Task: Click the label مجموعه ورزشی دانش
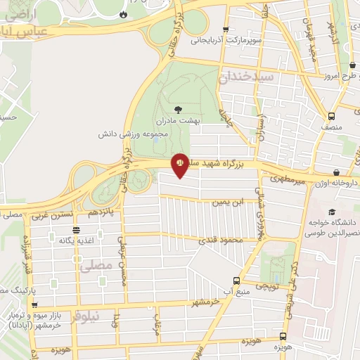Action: [167, 134]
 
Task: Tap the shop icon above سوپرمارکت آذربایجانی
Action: [225, 30]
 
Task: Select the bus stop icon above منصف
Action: [331, 117]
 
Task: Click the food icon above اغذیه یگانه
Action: [75, 230]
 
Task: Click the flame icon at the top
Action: [124, 13]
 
